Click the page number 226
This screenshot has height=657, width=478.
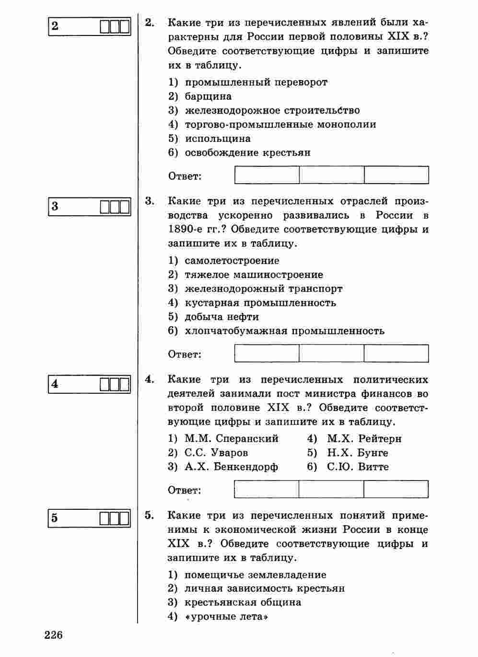coord(54,635)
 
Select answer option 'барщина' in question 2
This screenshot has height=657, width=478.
coord(208,96)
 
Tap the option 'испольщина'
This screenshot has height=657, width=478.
coord(218,139)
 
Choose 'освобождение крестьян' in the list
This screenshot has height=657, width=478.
coord(247,153)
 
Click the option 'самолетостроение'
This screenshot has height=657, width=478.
coord(232,261)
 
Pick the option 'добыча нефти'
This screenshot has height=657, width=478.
coord(222,317)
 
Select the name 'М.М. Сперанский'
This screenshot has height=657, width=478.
coord(231,439)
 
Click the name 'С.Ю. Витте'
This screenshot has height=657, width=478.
coord(358,467)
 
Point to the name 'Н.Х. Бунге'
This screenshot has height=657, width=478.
coord(357,453)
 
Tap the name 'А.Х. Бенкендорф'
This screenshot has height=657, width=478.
coord(231,467)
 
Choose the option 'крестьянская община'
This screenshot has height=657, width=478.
coord(243,602)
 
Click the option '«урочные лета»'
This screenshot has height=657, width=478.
coord(226,617)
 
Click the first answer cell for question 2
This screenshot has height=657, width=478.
coord(267,175)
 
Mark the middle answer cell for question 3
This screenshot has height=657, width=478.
coord(331,353)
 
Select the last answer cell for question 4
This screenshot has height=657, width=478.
coord(396,489)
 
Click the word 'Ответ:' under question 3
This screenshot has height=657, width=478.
coord(185,354)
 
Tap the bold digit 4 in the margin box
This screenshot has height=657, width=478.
coord(55,384)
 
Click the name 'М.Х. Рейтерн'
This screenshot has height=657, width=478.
coord(364,439)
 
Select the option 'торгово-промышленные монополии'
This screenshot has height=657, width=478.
coord(280,125)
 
